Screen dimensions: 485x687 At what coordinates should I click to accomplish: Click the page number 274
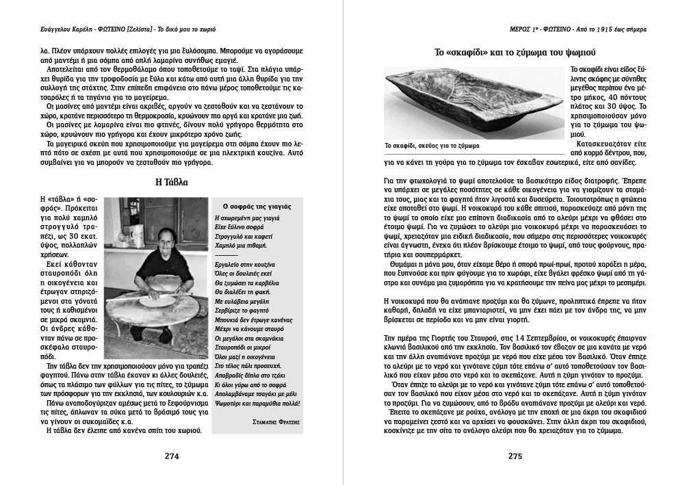point(171,457)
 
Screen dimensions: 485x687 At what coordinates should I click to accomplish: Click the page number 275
point(516,457)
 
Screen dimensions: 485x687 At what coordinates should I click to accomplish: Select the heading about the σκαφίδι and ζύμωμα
point(516,52)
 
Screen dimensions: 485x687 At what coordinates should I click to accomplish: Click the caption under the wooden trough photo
point(432,146)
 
